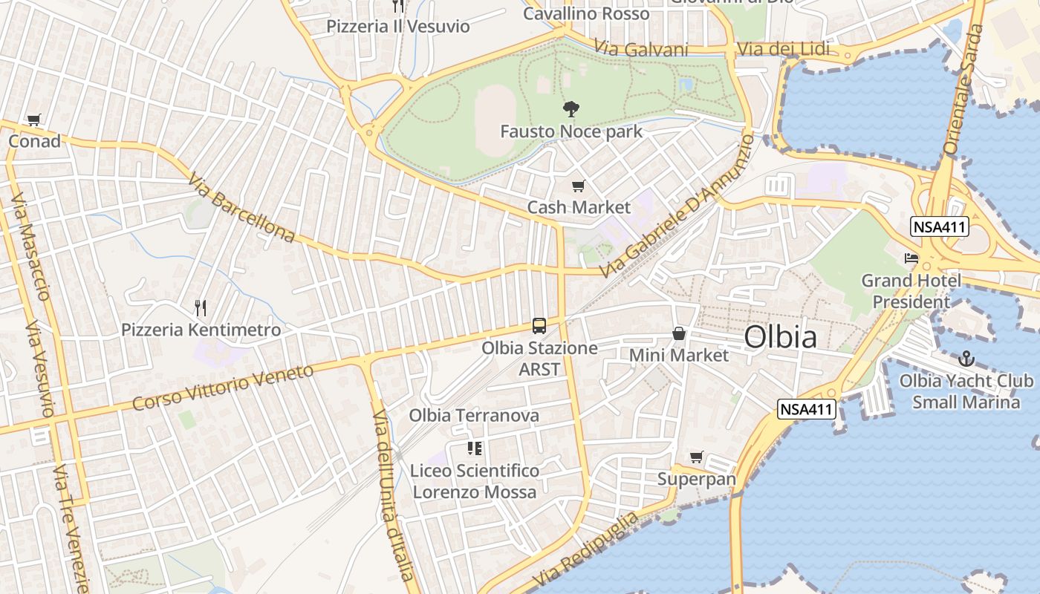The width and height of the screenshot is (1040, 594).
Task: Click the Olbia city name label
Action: pos(780,337)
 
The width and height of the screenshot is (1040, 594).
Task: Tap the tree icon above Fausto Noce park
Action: pos(571,110)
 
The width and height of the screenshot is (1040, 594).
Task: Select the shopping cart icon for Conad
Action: pos(33,120)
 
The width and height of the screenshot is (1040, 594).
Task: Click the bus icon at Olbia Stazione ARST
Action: pos(539,326)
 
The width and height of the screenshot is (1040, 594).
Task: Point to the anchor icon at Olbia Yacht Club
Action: pos(966,359)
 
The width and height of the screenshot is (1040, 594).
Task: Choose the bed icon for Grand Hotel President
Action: pos(911,258)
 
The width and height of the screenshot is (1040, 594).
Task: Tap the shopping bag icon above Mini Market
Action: pos(678,334)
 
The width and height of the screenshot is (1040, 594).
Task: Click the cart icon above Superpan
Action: pos(696,457)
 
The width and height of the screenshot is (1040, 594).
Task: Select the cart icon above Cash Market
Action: pos(578,186)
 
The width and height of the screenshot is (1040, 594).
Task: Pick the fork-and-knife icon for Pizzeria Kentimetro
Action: pos(200,307)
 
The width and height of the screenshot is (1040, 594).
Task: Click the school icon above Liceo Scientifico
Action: pos(475,448)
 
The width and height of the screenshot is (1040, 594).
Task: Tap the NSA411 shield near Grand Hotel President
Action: pos(940,227)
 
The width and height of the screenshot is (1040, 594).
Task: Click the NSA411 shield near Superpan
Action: pos(807,408)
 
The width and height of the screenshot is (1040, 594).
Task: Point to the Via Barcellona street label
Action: pos(241,207)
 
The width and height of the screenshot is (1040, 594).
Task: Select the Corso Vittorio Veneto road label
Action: pos(223,387)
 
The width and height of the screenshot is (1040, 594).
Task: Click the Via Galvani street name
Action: pos(641,49)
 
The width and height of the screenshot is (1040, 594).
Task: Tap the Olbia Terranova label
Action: pos(474,415)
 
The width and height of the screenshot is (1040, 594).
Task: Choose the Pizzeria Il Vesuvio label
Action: pos(398,27)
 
